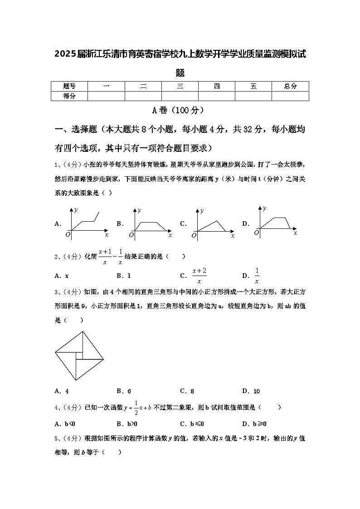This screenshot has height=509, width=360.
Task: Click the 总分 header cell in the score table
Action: pyautogui.click(x=290, y=86)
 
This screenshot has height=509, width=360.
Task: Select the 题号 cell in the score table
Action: pyautogui.click(x=69, y=86)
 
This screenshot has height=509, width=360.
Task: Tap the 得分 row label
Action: pyautogui.click(x=69, y=96)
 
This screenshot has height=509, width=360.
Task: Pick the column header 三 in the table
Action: pyautogui.click(x=180, y=86)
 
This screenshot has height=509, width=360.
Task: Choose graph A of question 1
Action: pyautogui.click(x=86, y=222)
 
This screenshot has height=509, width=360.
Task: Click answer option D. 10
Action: pyautogui.click(x=251, y=391)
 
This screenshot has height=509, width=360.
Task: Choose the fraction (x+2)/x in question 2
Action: pyautogui.click(x=199, y=275)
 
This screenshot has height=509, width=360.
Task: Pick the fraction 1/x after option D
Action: pyautogui.click(x=257, y=275)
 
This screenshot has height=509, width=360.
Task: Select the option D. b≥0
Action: pyautogui.click(x=254, y=424)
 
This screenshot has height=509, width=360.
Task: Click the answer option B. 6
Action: pyautogui.click(x=124, y=391)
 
